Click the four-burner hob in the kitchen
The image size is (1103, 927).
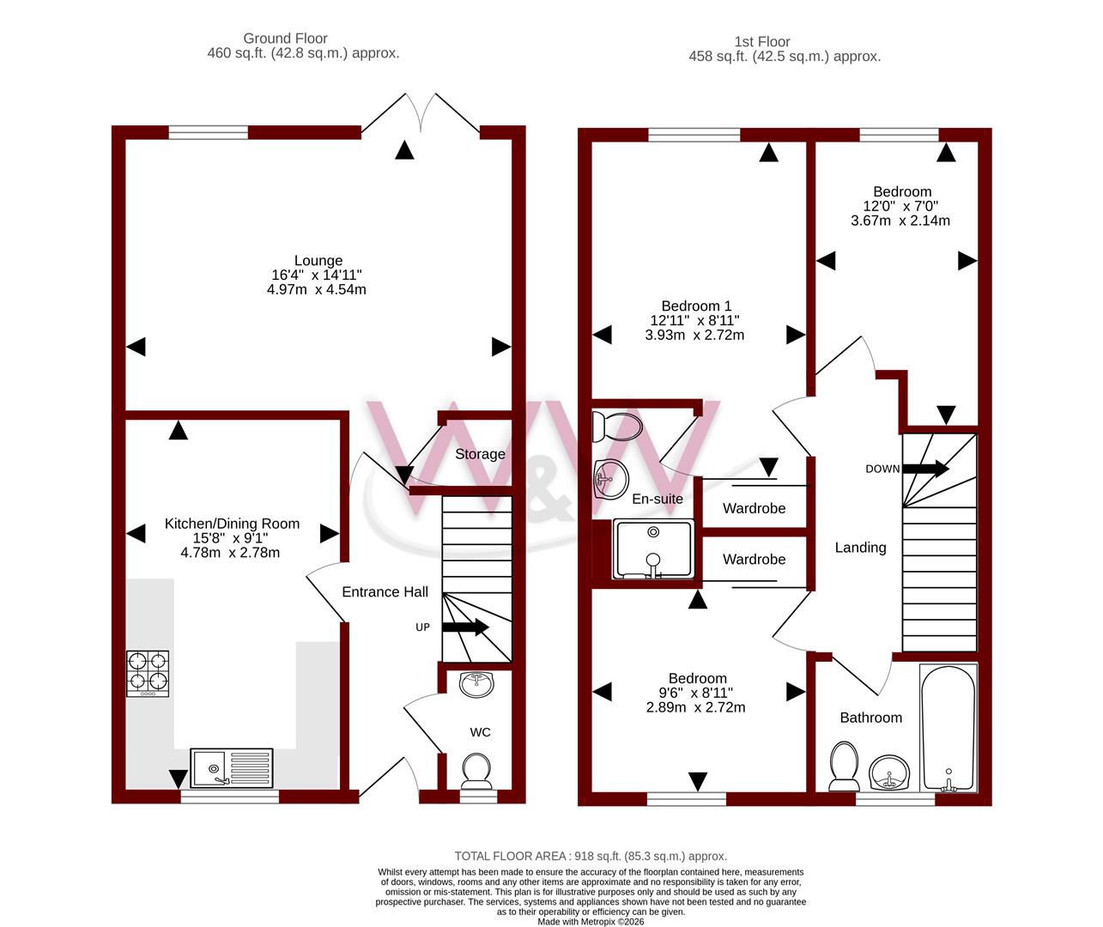(x=148, y=674)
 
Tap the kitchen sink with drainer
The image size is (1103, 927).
(x=232, y=767)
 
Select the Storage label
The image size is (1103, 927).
(x=480, y=454)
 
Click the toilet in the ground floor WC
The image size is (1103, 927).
(x=476, y=771)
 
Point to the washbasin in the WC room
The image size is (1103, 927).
(x=476, y=685)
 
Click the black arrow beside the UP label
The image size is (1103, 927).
(x=465, y=627)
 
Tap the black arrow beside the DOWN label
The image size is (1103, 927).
(x=925, y=468)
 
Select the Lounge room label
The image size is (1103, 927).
(x=318, y=260)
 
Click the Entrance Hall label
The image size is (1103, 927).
(x=385, y=591)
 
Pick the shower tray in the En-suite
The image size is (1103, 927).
(x=653, y=548)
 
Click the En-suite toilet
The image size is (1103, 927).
(x=617, y=427)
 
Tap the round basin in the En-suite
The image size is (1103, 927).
(x=611, y=479)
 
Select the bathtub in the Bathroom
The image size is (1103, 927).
(x=948, y=729)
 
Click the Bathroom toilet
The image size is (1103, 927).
(x=844, y=766)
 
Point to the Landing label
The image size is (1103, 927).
(x=861, y=548)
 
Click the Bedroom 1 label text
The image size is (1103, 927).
(x=696, y=306)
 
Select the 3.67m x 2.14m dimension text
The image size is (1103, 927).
(x=900, y=221)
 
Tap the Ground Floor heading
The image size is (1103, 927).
(x=285, y=38)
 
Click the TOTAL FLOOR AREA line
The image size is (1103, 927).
(x=591, y=856)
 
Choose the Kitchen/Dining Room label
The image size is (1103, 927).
(x=232, y=524)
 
